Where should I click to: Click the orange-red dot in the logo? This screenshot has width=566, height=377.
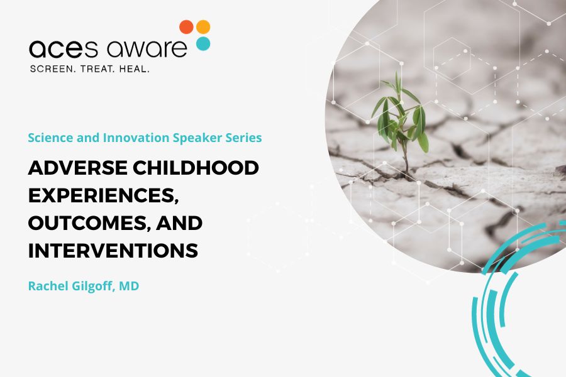(x=186, y=27)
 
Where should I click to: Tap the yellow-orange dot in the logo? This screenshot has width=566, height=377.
(x=203, y=27)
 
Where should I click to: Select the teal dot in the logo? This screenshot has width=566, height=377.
(x=203, y=43)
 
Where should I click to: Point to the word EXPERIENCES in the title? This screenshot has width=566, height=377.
(x=100, y=196)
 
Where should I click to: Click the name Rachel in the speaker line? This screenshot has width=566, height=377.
(x=48, y=286)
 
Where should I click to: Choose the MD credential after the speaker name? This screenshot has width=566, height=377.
(x=130, y=286)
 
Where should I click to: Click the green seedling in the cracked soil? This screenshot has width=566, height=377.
(x=401, y=116)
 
